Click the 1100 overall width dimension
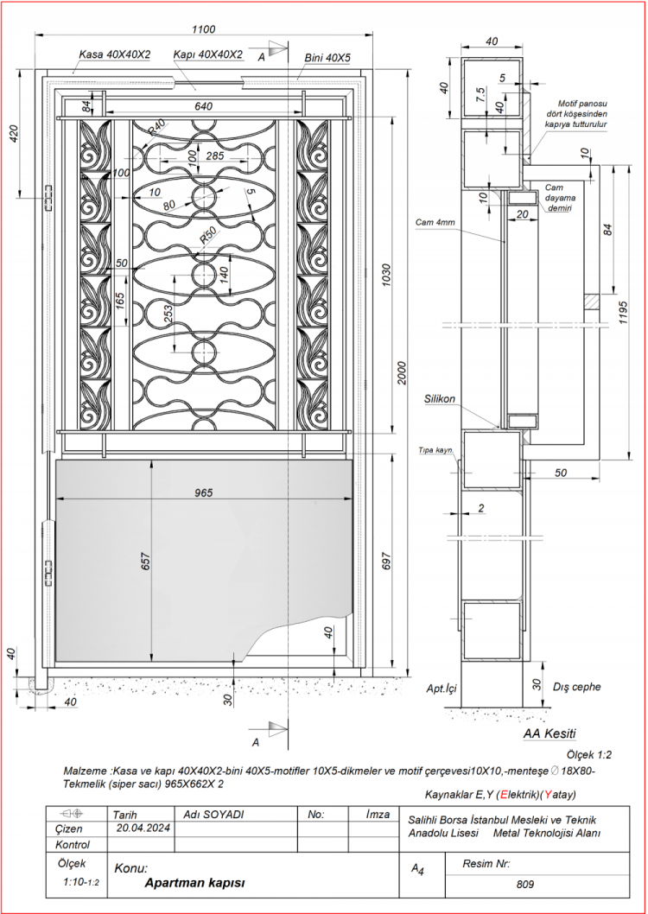[205, 27]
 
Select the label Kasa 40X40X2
[115, 54]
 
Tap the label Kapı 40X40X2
[207, 54]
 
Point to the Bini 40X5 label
[327, 58]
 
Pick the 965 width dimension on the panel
[204, 492]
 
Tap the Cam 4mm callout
[434, 222]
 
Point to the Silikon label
[440, 400]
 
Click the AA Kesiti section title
[550, 733]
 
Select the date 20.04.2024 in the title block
[143, 828]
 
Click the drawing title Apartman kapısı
[195, 883]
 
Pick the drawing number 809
[524, 885]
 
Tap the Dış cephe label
[576, 688]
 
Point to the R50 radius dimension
[208, 236]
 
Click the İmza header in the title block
[378, 814]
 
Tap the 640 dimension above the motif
[203, 106]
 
